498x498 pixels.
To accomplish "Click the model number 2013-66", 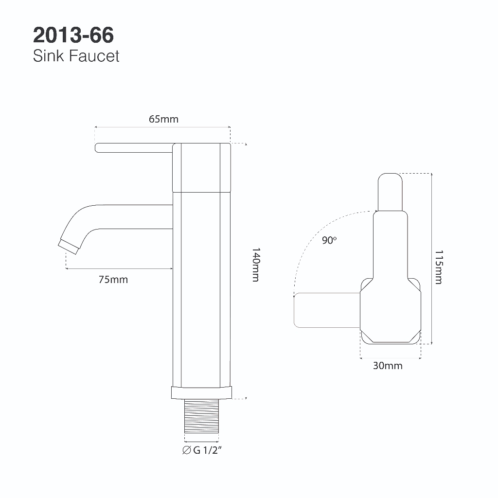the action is tap(73, 35).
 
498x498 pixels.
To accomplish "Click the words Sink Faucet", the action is tap(76, 56).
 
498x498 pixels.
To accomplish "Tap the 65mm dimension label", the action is tap(163, 119).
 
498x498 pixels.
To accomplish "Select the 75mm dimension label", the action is tap(113, 280).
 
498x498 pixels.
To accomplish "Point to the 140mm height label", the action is tap(256, 265).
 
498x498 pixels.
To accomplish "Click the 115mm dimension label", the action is tap(439, 267).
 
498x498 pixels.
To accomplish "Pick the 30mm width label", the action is tap(388, 366).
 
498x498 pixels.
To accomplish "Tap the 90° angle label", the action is tap(329, 240).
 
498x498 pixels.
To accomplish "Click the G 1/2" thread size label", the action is tap(202, 450).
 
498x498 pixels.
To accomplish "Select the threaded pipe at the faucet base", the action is tap(202, 416).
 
